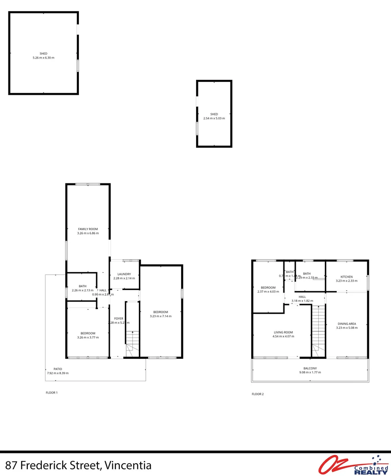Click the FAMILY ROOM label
point(88,229)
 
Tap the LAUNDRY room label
point(121,274)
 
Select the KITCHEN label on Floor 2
point(346,277)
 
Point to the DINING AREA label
point(346,324)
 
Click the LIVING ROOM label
point(283,332)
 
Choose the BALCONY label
point(310,368)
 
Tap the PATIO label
point(58,369)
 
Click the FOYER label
point(119,318)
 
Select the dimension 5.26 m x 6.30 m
point(43,58)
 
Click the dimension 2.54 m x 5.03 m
point(214,118)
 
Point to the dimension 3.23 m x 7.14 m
point(160,316)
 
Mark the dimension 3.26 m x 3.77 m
point(88,337)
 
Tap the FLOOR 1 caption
point(52,392)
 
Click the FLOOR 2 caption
point(257,394)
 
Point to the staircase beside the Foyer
point(132,328)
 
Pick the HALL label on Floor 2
point(302,297)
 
